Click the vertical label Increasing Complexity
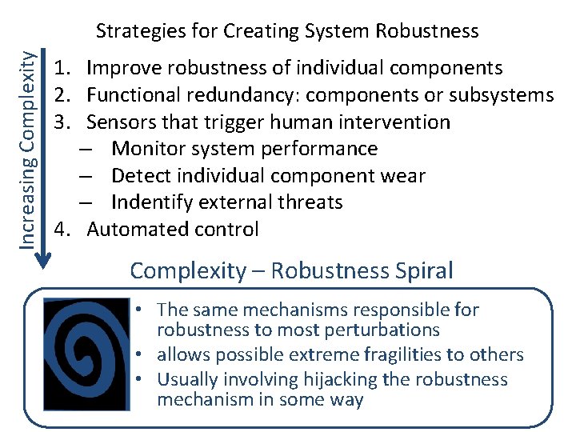pos(26,149)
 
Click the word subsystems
pos(502,95)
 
